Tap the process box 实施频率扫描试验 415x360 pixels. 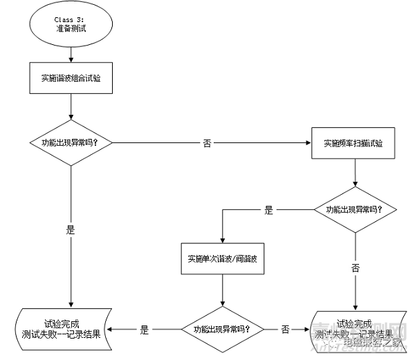(x=353, y=144)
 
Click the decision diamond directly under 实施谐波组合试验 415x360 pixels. (x=71, y=143)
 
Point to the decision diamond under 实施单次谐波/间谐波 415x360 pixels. (x=222, y=329)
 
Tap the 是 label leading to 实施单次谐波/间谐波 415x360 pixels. (x=269, y=210)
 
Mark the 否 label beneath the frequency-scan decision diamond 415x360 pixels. (x=355, y=267)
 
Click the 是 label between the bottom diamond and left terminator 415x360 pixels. (x=144, y=330)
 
